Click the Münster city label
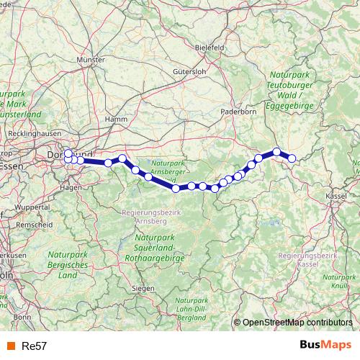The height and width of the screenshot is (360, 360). [x=90, y=61]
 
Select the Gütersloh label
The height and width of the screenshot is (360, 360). [x=189, y=72]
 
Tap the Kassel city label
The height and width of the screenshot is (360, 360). [x=336, y=195]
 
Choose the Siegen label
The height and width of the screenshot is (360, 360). [x=144, y=288]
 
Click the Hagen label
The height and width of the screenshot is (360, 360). [x=71, y=186]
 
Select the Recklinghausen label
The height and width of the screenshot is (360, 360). [x=35, y=133]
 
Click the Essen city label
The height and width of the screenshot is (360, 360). [x=14, y=166]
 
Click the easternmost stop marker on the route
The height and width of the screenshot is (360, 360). [x=292, y=158]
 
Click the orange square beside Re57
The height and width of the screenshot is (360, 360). [x=12, y=346]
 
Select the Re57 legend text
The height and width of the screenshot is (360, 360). [x=35, y=346]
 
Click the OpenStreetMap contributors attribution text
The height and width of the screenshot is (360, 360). [x=297, y=323]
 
